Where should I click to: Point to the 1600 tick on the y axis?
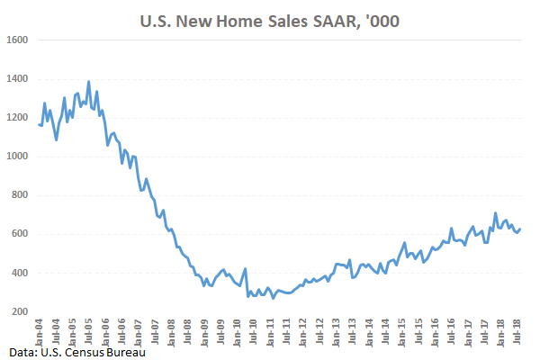(18, 40)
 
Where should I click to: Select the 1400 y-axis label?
(18, 79)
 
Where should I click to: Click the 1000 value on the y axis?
(18, 157)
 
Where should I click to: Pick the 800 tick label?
(21, 195)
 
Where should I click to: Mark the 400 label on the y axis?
(21, 273)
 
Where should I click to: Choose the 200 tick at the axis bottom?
(21, 311)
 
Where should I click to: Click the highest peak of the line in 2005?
(88, 82)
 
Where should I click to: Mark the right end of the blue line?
(519, 229)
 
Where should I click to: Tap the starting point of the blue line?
(39, 124)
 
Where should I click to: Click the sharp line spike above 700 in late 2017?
(495, 213)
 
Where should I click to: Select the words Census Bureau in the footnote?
(107, 349)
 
